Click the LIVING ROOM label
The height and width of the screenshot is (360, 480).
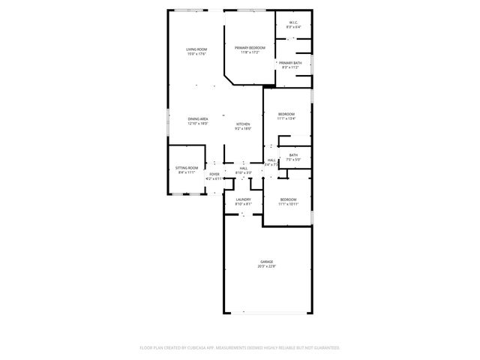tap(196, 49)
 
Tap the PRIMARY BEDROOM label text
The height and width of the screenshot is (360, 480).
tap(250, 47)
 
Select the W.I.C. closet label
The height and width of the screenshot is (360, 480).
tap(293, 22)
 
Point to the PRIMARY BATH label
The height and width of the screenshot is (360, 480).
tap(290, 63)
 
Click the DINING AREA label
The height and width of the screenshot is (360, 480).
tap(198, 118)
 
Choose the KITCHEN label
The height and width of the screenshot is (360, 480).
tap(243, 124)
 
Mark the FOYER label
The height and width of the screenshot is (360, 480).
tap(214, 174)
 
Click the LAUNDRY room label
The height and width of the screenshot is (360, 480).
tap(243, 199)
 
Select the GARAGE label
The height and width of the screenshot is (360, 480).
tap(267, 261)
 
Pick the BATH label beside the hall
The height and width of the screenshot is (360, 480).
tap(293, 155)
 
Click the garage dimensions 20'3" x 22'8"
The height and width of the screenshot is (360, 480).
tap(267, 265)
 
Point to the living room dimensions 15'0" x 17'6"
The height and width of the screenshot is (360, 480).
tap(196, 54)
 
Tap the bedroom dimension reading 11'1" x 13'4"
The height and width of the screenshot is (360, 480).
tap(286, 118)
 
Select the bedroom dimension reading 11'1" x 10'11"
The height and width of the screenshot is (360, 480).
tap(288, 204)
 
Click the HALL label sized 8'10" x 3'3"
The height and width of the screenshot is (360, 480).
tap(243, 168)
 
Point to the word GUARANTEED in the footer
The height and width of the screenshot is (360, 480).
tap(325, 348)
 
